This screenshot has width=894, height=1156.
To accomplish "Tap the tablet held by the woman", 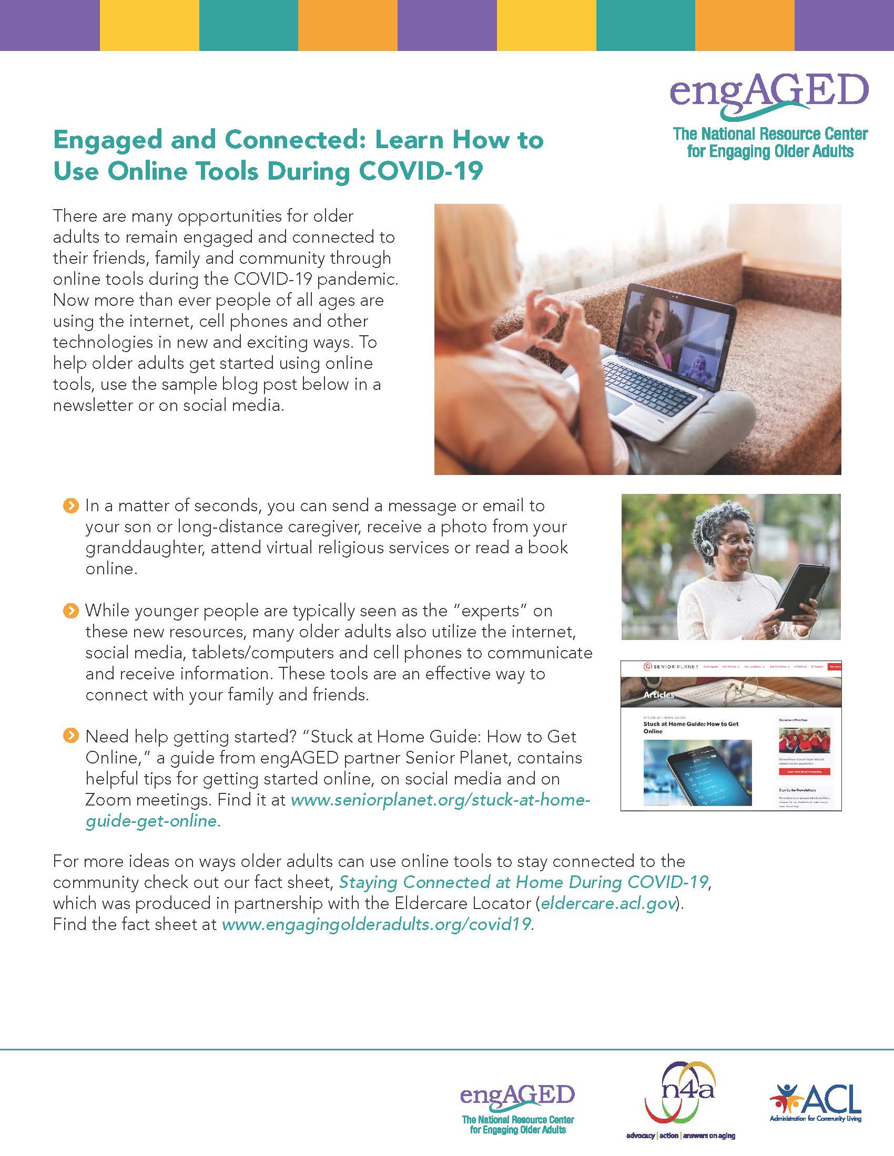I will pyautogui.click(x=804, y=592).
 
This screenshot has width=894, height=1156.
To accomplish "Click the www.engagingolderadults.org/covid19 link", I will pyautogui.click(x=376, y=925).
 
